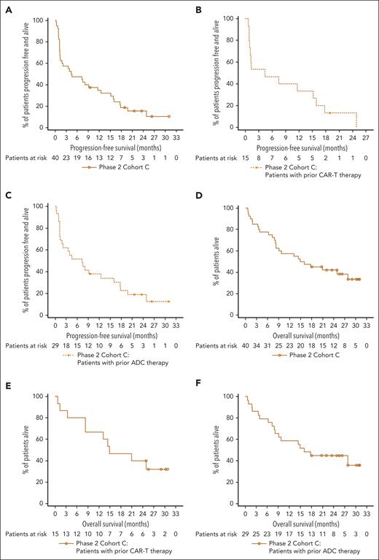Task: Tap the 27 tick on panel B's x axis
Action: (x=367, y=136)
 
